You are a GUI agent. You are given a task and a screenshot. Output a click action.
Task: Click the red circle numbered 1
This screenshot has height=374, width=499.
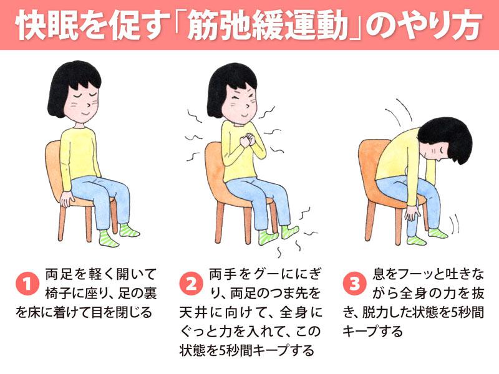[x=27, y=284]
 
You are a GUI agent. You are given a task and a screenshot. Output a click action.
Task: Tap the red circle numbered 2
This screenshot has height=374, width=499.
[x=191, y=284]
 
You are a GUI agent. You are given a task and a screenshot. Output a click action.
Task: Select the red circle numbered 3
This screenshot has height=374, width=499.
[x=354, y=284]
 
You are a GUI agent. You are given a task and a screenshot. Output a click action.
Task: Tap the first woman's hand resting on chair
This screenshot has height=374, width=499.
[x=67, y=198]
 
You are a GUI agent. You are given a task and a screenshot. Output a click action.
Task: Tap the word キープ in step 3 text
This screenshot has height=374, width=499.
[x=364, y=332]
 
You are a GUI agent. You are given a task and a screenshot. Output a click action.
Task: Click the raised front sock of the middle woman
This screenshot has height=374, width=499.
[x=290, y=231]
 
